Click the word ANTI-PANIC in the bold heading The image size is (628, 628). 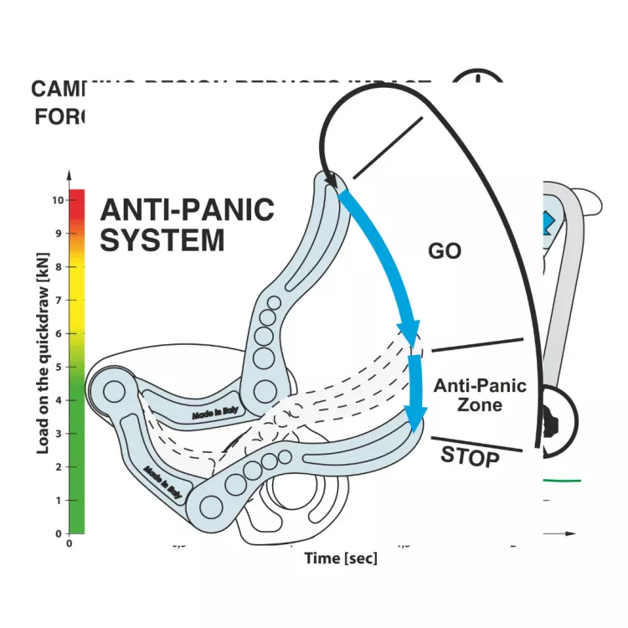tap(187, 209)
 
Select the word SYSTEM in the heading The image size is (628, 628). tap(162, 241)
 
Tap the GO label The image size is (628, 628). tap(445, 250)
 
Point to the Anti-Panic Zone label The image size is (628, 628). tap(480, 395)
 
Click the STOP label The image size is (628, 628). tap(470, 456)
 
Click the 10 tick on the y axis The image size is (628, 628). tap(57, 200)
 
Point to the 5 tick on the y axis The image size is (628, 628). tap(59, 367)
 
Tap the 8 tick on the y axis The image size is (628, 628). tap(59, 267)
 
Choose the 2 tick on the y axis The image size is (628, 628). tap(59, 466)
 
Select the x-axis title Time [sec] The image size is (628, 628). tap(340, 558)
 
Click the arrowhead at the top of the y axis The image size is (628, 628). tap(68, 176)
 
